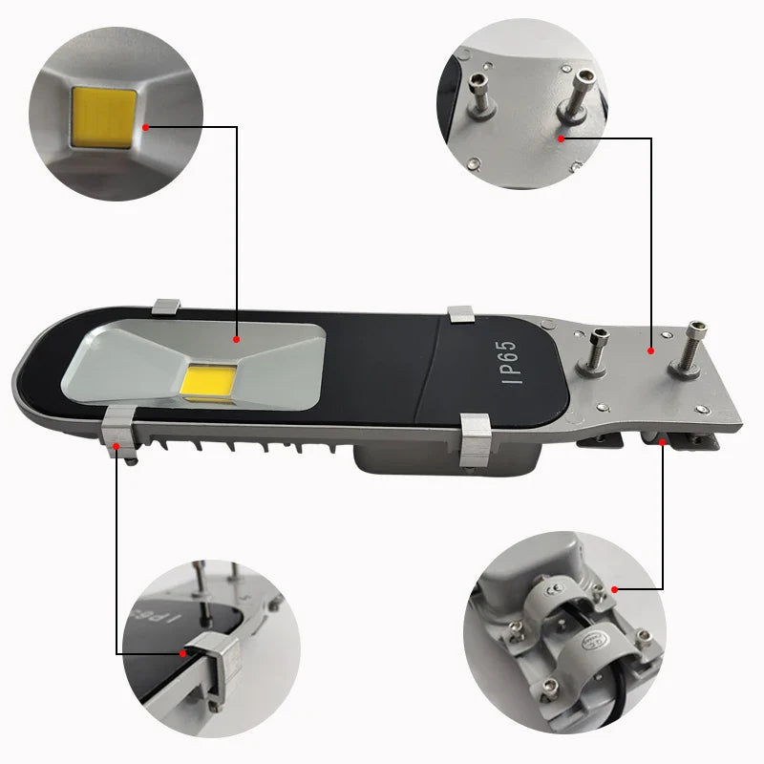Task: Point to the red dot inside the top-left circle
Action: pyautogui.click(x=145, y=126)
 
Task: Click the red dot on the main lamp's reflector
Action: pyautogui.click(x=237, y=338)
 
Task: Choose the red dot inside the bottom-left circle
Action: pyautogui.click(x=183, y=653)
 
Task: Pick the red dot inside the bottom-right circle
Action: pyautogui.click(x=614, y=589)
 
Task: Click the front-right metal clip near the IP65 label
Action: pyautogui.click(x=475, y=441)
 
